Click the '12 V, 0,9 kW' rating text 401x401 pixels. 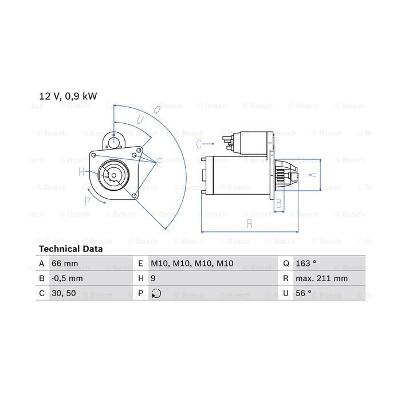[x=68, y=96]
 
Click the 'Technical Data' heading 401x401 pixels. [x=71, y=249]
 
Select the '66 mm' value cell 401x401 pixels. [x=65, y=263]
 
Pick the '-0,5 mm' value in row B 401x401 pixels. [x=67, y=278]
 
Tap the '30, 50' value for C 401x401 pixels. [x=64, y=293]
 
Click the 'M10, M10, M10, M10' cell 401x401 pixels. [x=192, y=263]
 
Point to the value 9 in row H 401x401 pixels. [x=153, y=278]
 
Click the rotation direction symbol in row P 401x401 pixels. [x=156, y=293]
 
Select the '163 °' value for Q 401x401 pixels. [x=306, y=263]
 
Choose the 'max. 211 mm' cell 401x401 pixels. [x=322, y=278]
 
